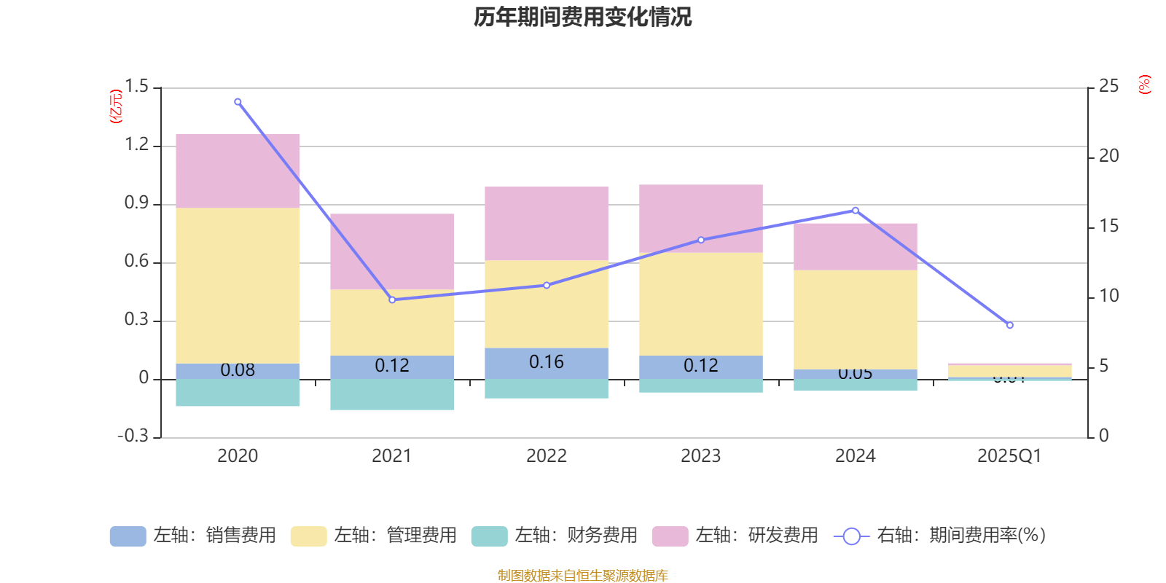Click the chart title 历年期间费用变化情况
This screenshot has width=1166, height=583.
[582, 17]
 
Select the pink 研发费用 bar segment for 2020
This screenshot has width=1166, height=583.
[238, 171]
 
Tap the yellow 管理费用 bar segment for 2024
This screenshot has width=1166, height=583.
[855, 319]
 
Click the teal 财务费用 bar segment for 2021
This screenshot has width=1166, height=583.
[392, 394]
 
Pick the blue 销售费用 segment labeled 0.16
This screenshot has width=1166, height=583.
[547, 363]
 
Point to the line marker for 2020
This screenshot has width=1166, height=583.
[238, 102]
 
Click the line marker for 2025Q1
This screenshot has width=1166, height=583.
[1009, 325]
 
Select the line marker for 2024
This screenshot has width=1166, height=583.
[855, 210]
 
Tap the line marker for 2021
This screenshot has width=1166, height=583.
[392, 300]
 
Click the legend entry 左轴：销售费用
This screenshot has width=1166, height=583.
[193, 536]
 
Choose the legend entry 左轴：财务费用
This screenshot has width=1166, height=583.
[555, 536]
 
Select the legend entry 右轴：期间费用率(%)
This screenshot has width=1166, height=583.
[939, 536]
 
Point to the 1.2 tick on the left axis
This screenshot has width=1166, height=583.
[136, 145]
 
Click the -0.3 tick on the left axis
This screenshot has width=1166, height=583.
[133, 436]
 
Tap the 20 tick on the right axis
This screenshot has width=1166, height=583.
[1108, 156]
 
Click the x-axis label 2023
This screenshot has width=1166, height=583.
[700, 456]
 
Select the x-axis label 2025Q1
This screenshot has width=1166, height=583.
[1009, 456]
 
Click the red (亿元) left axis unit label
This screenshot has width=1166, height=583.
[115, 106]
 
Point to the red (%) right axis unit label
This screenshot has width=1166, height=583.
[1145, 85]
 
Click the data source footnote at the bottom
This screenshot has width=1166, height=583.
[582, 576]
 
